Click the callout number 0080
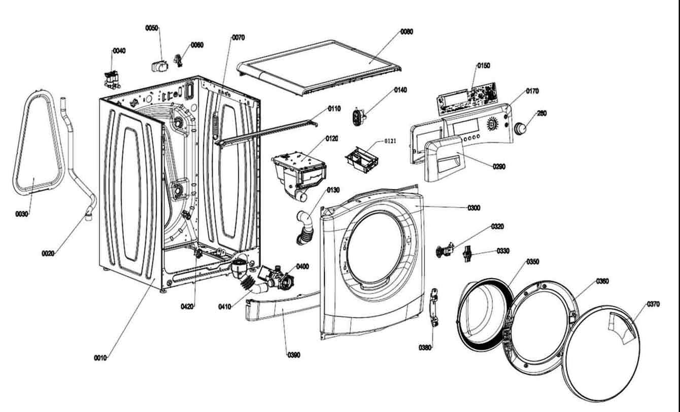point(406,31)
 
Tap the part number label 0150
point(483,65)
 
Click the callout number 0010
point(100,358)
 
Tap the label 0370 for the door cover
point(653,304)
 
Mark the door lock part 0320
point(445,250)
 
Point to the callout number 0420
point(187,306)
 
